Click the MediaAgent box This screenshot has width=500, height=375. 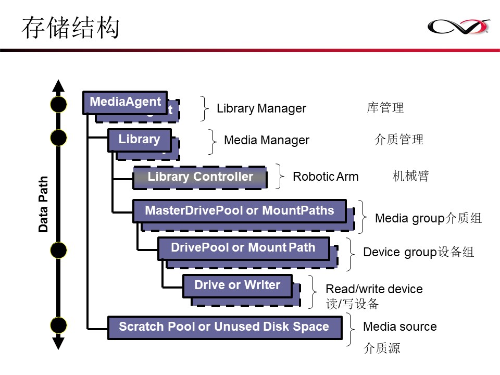[125, 102]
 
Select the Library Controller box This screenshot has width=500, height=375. [200, 177]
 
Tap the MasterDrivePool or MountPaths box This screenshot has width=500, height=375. [239, 211]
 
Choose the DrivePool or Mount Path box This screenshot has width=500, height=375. [243, 248]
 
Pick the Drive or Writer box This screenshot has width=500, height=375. [237, 285]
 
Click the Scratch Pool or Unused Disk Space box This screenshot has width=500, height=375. [224, 327]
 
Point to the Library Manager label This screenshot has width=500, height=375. [261, 109]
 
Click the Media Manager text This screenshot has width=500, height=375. [266, 140]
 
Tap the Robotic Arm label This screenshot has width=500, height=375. [326, 177]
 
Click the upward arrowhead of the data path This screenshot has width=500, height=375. [58, 85]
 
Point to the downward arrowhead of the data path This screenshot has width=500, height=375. [58, 343]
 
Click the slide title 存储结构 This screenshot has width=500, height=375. [70, 28]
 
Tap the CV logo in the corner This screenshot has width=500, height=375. [458, 26]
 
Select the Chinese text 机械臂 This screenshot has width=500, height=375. [410, 176]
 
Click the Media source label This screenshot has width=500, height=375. [399, 327]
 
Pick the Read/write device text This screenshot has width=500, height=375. [374, 289]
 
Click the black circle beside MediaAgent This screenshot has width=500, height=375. [58, 105]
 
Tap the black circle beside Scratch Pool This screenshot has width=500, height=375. [58, 325]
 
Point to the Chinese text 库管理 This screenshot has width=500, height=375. [385, 108]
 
